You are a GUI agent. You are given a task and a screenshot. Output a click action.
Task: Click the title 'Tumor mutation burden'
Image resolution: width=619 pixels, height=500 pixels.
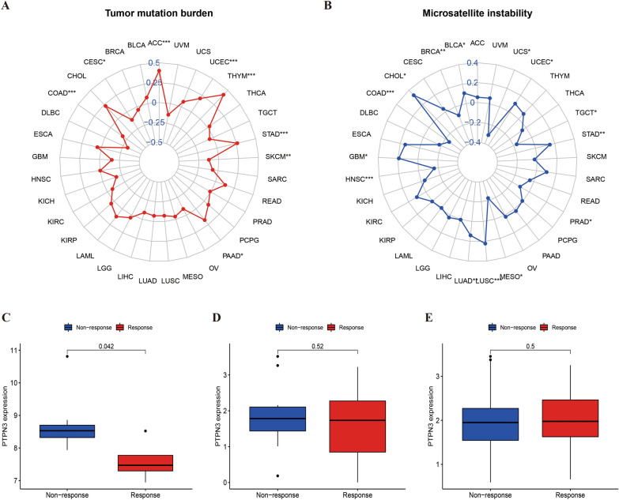coord(154,13)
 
